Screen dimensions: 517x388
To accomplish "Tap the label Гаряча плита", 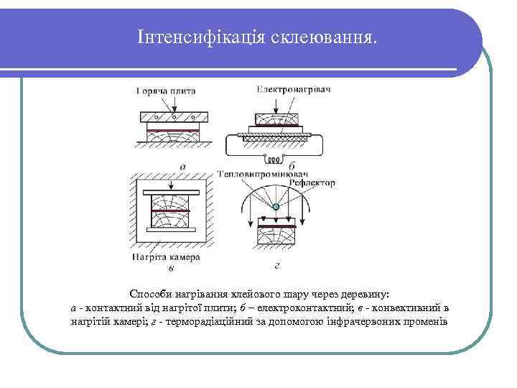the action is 165,91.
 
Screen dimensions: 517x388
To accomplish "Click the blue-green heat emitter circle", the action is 275,208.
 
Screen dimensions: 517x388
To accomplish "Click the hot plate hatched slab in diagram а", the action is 173,117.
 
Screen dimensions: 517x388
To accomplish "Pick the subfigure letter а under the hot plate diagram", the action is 182,165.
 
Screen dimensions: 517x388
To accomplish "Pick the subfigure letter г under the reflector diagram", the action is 277,265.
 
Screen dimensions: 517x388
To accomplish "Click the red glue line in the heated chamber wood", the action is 172,211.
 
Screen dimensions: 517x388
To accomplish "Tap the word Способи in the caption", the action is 149,295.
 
